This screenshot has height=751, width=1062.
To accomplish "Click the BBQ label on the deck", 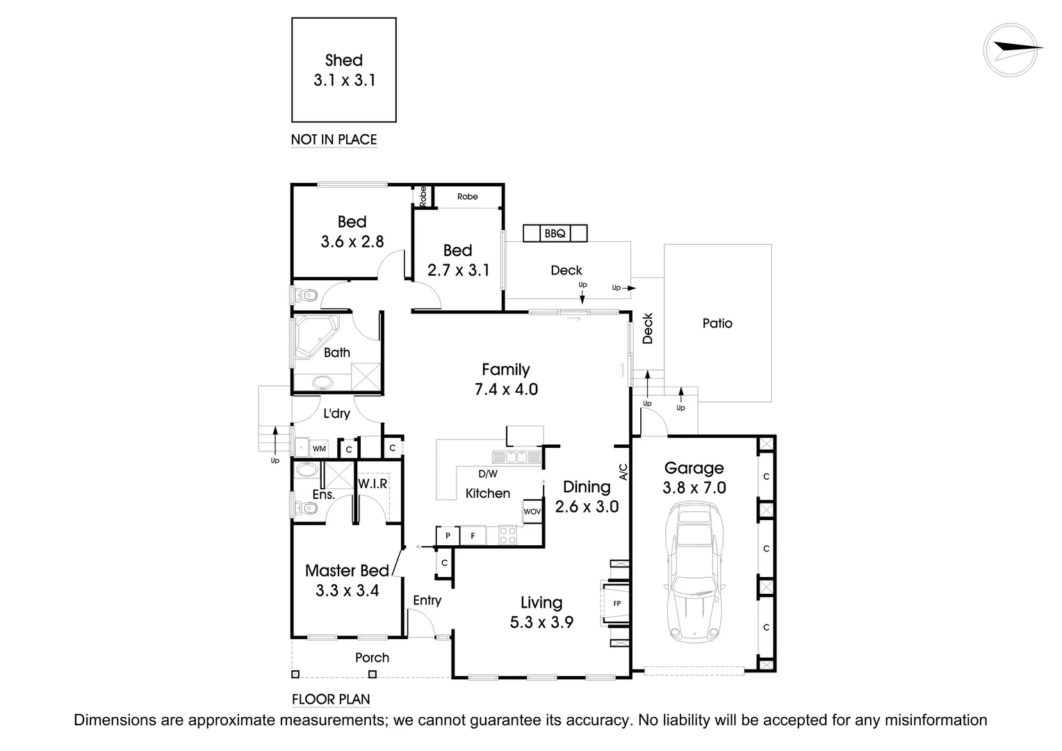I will [555, 234].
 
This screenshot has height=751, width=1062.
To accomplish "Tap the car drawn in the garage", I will [693, 573].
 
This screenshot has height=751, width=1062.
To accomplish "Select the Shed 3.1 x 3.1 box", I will [344, 70].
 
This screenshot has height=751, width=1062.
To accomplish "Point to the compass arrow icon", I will [1014, 49].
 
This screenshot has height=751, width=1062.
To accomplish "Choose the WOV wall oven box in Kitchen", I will [532, 511].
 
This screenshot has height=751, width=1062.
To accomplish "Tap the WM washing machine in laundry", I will [319, 449].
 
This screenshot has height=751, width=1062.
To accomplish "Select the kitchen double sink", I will [516, 457].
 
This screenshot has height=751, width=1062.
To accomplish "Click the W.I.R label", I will [373, 483].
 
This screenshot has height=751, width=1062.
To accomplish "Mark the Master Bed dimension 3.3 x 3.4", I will [347, 591].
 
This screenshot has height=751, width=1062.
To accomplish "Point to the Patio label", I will [717, 323].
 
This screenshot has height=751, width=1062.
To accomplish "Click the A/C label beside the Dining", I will [623, 472].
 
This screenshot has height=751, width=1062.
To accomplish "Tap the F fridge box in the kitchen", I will [473, 535].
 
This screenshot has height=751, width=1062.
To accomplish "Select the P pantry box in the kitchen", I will [448, 535].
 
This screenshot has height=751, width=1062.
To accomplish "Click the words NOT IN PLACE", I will [334, 140].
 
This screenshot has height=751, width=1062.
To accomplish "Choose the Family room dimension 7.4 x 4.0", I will [506, 389].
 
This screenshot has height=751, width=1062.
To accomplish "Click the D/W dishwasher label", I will [488, 474].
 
